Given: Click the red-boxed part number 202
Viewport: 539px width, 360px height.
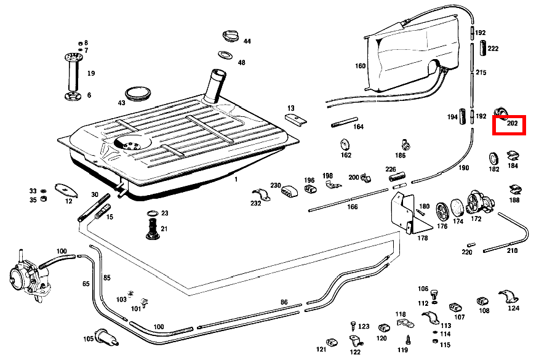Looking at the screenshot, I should [x=513, y=123].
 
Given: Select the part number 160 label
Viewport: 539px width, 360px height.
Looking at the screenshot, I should [x=360, y=66].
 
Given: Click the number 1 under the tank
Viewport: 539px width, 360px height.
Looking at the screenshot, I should [x=235, y=180].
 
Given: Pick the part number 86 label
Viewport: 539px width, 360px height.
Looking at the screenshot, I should [x=284, y=302].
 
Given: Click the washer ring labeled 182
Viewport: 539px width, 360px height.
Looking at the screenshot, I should [x=493, y=157].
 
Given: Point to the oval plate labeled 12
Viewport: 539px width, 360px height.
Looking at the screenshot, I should [x=65, y=188].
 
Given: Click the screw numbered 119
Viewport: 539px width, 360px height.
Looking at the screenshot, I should [x=407, y=338].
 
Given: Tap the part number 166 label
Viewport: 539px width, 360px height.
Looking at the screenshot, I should [x=352, y=207].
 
